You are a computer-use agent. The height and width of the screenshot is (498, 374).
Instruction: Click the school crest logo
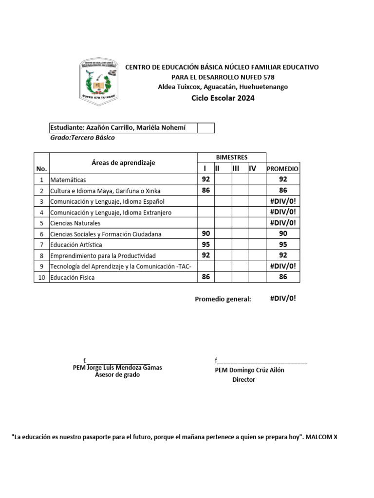pos(98,81)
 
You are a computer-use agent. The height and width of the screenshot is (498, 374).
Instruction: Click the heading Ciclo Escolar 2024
pos(223,98)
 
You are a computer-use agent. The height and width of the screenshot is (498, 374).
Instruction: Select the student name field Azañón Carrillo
pos(123,128)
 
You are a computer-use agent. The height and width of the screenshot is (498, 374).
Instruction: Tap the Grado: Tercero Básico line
pos(82,138)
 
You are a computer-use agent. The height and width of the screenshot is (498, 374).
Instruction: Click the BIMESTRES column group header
pos(231,157)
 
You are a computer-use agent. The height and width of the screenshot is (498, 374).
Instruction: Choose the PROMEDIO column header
pos(283,169)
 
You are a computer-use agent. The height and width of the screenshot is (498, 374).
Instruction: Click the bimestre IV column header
pos(253,168)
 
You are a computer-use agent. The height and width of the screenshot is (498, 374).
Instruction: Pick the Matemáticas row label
pos(68,180)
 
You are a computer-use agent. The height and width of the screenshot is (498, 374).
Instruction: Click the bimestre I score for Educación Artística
pos(206,244)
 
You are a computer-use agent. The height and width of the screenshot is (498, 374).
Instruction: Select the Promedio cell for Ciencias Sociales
pos(283,233)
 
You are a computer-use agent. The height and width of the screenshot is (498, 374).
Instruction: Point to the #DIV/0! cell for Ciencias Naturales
pos(283,223)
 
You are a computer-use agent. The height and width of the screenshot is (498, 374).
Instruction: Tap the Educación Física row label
pos(72,277)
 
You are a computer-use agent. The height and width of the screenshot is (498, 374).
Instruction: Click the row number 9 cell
pos(41,267)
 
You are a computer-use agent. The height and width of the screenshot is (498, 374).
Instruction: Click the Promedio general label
pos(223,299)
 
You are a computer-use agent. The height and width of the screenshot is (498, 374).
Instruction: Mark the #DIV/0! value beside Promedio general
pos(283,299)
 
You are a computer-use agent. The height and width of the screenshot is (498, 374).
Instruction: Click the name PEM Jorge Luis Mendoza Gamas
pos(117,368)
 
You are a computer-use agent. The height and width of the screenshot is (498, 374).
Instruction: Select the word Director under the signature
pos(243,379)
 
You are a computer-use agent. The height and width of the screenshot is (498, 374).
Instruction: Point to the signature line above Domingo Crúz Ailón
pos(262,361)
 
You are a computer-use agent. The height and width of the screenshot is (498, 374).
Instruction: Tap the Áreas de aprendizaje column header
pos(123,163)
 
